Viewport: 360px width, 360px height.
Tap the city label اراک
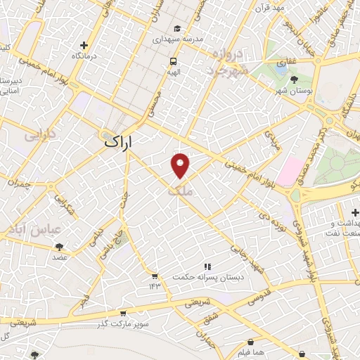tap(117, 141)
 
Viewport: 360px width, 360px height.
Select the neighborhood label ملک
tap(180, 191)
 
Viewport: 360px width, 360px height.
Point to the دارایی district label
tap(39, 133)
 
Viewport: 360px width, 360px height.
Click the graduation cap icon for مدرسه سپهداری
tap(178, 29)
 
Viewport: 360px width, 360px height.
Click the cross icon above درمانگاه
tap(84, 45)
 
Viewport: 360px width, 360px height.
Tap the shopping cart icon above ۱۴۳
tap(154, 276)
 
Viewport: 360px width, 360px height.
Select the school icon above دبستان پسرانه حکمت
tap(207, 266)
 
